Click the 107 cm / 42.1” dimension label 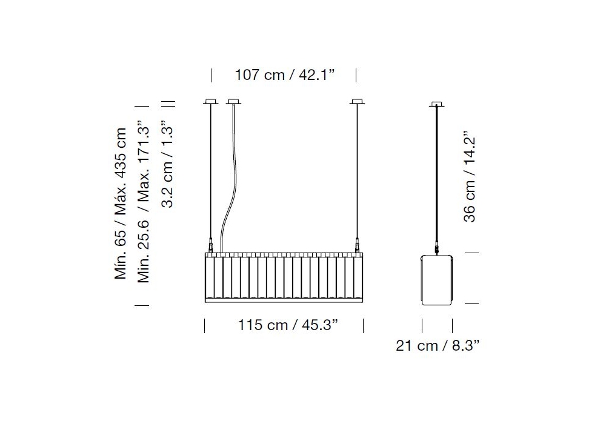(x=285, y=75)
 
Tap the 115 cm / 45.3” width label (x=287, y=325)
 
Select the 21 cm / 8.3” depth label (x=437, y=345)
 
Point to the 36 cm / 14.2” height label (x=469, y=176)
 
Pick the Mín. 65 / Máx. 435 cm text (x=120, y=203)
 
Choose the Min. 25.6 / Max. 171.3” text (x=144, y=201)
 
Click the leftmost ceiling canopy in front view (x=211, y=102)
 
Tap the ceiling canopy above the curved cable (x=233, y=102)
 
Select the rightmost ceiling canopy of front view (x=357, y=102)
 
